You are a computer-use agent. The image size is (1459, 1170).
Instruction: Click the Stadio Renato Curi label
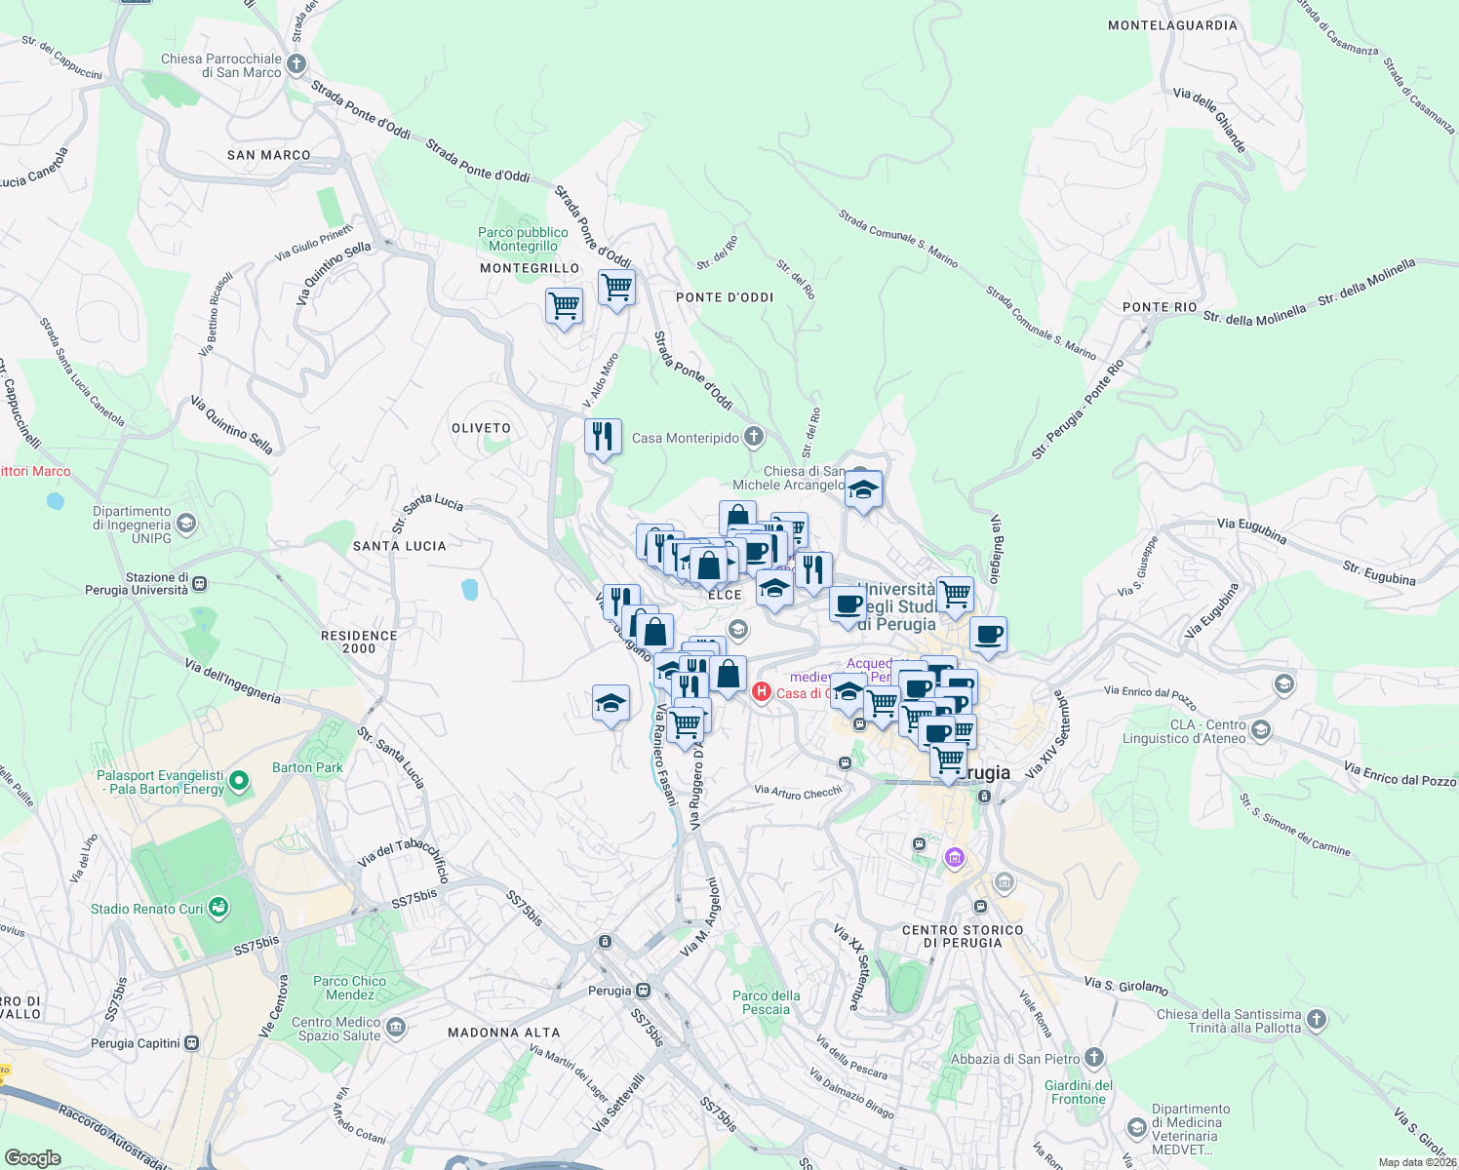(x=147, y=909)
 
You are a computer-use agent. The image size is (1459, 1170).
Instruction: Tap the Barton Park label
(x=307, y=767)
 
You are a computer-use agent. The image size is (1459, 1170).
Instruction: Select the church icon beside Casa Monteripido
(x=754, y=437)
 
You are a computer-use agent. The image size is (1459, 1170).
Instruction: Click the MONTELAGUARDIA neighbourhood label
(x=1172, y=25)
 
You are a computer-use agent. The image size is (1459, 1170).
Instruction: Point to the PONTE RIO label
(x=1160, y=307)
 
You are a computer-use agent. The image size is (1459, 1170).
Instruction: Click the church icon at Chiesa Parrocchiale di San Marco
(x=296, y=64)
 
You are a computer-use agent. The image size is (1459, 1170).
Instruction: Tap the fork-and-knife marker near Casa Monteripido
(x=603, y=436)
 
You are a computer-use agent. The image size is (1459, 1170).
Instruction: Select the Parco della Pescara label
(x=766, y=1002)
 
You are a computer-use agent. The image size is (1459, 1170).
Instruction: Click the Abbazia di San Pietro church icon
(x=1094, y=1058)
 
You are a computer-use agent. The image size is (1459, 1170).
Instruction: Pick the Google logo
(x=32, y=1158)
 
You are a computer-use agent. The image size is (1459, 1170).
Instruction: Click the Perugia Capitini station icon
(x=191, y=1043)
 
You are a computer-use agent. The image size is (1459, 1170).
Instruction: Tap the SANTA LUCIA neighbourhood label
(x=399, y=546)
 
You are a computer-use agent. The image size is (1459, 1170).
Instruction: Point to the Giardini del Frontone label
(x=1079, y=1092)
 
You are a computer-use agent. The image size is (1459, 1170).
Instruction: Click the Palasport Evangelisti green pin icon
(x=238, y=782)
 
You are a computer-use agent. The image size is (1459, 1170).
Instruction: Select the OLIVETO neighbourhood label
(x=481, y=428)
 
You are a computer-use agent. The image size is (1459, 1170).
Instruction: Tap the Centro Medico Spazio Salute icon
(x=395, y=1028)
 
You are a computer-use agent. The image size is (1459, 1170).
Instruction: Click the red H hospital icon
(x=761, y=692)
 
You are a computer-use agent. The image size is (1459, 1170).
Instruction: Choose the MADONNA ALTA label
(x=503, y=1033)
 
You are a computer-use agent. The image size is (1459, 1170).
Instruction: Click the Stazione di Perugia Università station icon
(x=199, y=584)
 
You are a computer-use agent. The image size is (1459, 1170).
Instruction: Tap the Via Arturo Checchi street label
(x=798, y=792)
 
